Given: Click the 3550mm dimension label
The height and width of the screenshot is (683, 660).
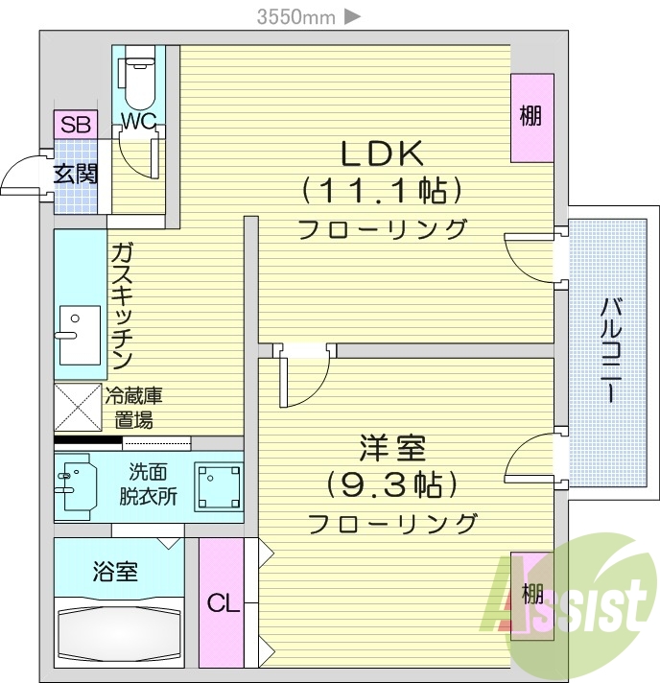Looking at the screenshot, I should [x=295, y=15].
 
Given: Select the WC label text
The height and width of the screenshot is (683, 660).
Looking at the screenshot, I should [x=138, y=122].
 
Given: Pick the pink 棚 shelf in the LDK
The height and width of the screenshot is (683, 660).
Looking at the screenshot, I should [x=531, y=117].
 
